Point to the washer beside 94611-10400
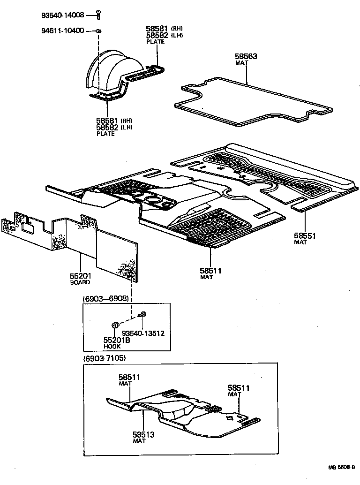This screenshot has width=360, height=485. (99, 31)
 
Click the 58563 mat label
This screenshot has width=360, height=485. (246, 56)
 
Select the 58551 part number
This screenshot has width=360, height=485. (305, 235)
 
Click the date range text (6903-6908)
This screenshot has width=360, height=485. (105, 299)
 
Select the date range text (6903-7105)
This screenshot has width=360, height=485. (105, 358)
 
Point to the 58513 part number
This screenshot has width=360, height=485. (143, 434)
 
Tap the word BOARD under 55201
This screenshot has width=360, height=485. (81, 282)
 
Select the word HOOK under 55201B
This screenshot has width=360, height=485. (112, 347)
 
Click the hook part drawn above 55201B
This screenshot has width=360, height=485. (114, 325)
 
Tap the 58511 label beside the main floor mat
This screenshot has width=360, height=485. (210, 271)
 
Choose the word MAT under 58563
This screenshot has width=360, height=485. (241, 63)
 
